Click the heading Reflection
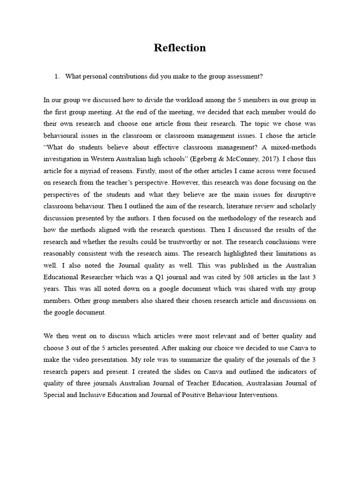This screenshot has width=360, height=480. [180, 48]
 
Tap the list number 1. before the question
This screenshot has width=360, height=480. [57, 76]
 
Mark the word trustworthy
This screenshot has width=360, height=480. [197, 241]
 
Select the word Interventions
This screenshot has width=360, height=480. [256, 395]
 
